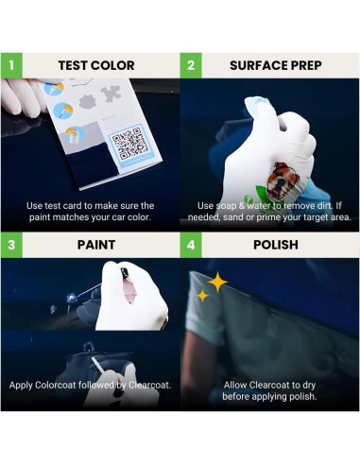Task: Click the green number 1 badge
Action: (x=11, y=65)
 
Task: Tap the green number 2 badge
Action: (x=192, y=65)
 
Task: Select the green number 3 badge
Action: (x=11, y=246)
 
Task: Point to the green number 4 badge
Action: (x=192, y=246)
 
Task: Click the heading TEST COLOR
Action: (x=96, y=65)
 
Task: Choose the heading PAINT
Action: (x=96, y=246)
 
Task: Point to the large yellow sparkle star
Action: (x=217, y=281)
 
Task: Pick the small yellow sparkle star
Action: (x=202, y=296)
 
